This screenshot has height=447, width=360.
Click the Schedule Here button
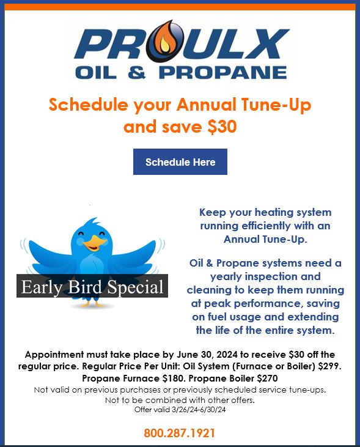[180, 162]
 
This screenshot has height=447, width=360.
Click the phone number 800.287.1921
[180, 434]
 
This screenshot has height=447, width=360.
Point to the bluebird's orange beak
[92, 243]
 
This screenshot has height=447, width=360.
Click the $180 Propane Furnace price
[156, 378]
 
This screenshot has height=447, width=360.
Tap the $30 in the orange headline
[222, 127]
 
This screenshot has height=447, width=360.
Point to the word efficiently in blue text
[269, 226]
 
